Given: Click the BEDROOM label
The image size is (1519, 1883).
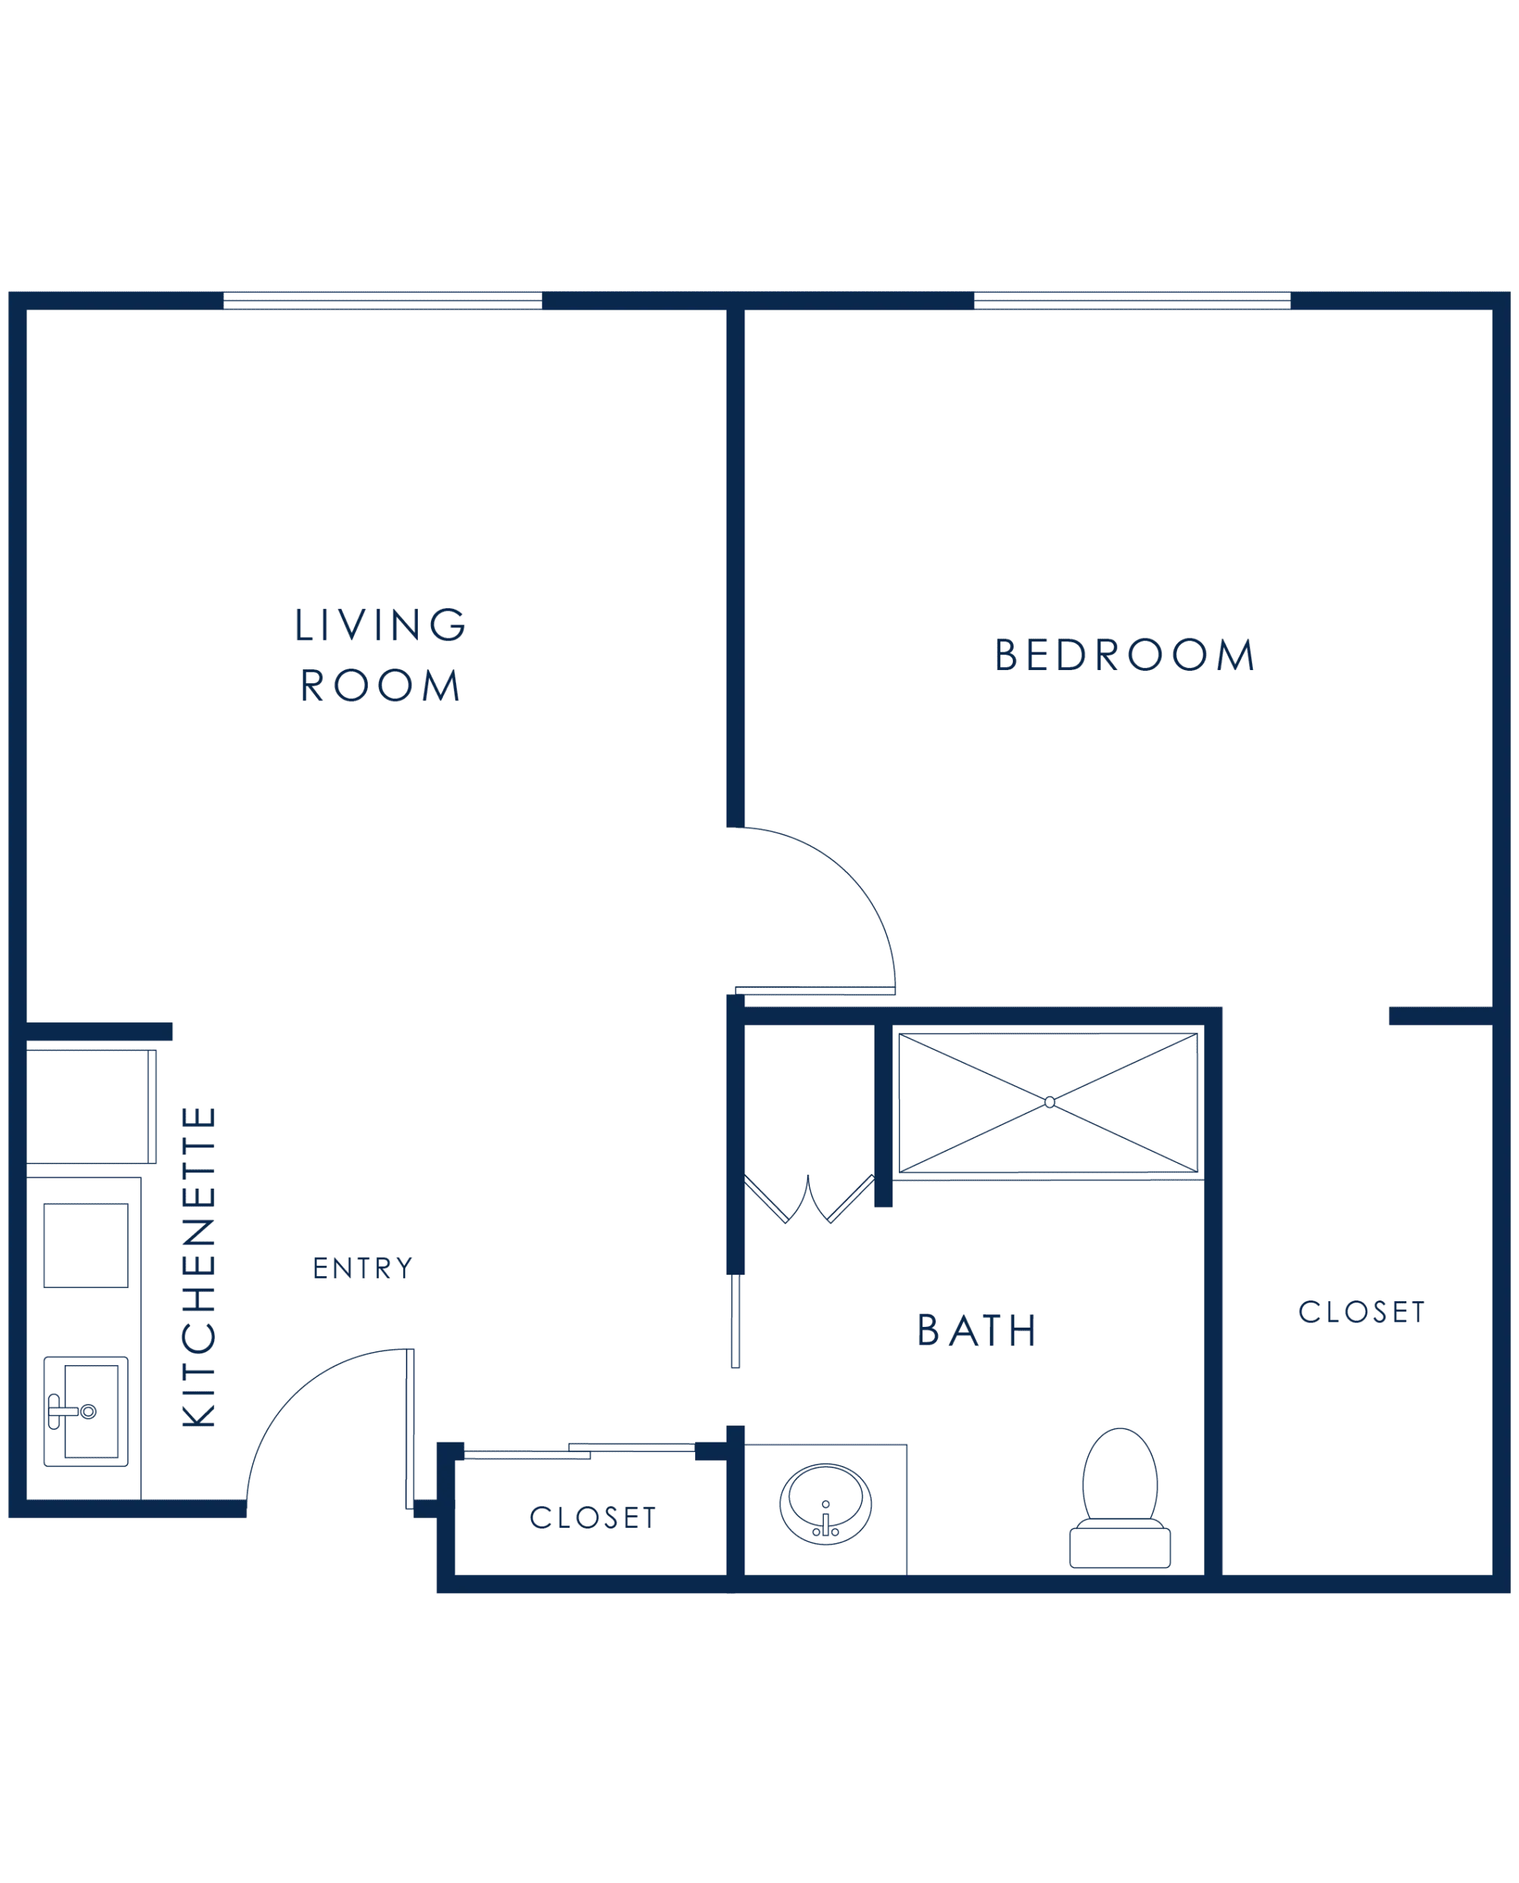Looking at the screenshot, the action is [1125, 655].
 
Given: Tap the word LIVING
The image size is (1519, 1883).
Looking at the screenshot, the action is [380, 624].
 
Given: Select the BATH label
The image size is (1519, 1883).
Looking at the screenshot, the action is [977, 1331].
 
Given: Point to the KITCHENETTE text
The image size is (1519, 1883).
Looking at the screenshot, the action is [199, 1267].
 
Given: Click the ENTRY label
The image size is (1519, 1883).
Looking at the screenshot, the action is [362, 1268].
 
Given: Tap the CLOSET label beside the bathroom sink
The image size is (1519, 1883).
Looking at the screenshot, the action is [592, 1517].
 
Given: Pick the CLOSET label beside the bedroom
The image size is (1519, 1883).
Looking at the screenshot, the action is [1362, 1311].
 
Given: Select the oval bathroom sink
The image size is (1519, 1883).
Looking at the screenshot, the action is [825, 1504].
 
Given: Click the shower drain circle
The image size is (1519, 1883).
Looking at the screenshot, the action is [1049, 1103].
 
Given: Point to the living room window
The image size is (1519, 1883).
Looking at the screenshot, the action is [383, 301].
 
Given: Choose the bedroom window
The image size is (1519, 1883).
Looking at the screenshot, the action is [1132, 301].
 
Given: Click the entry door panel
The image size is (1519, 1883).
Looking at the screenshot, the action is [410, 1429].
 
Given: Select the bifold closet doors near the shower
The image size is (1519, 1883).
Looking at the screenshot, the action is [808, 1198].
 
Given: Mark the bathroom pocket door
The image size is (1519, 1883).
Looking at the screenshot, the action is [735, 1320].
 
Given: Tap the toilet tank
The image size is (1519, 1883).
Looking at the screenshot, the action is [1120, 1548].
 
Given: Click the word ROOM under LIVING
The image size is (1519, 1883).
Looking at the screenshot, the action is [380, 685].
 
